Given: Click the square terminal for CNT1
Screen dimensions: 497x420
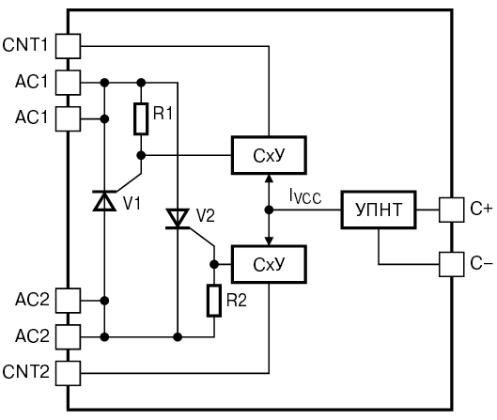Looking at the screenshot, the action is click(x=69, y=46).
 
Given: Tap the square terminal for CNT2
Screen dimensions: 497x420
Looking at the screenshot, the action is click(x=69, y=373).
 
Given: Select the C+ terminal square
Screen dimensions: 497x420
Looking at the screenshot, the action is click(x=452, y=210).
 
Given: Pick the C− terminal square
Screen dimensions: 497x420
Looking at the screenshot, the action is click(x=452, y=264).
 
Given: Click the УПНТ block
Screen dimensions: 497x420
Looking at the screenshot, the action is click(x=379, y=210).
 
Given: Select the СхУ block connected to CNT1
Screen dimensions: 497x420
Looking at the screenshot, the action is click(x=269, y=155).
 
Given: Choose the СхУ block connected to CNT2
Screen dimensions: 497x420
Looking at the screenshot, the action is click(x=269, y=264).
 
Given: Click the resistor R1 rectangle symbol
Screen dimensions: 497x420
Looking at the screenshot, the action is click(x=141, y=119).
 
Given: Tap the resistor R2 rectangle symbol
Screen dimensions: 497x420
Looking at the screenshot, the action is click(x=214, y=301).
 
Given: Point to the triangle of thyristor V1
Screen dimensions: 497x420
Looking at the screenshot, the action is click(x=104, y=201).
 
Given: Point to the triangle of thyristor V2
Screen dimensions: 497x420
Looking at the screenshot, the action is click(x=178, y=218).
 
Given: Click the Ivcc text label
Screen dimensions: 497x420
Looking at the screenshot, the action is click(x=305, y=196).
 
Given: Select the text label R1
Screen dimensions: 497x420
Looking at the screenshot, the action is click(x=163, y=113).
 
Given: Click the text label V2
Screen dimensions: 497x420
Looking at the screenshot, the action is click(x=206, y=215).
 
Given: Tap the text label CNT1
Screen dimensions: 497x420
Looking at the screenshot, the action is click(x=24, y=45).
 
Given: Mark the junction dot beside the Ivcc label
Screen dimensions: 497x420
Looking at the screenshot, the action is click(x=269, y=210).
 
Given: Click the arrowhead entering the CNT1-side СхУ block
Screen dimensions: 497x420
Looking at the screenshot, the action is click(x=269, y=178).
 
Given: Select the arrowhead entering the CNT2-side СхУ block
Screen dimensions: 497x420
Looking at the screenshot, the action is click(x=269, y=241).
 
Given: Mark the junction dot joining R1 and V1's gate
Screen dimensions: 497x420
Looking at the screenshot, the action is click(x=141, y=155).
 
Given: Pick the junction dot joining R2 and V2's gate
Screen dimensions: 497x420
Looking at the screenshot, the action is click(x=214, y=264).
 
